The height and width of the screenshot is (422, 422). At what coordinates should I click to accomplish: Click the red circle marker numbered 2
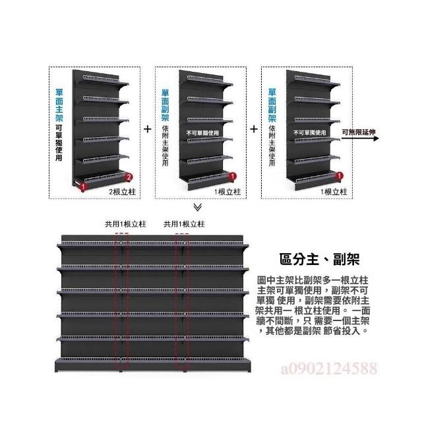coord(130,177)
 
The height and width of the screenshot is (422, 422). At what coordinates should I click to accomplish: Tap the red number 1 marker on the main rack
coord(84,187)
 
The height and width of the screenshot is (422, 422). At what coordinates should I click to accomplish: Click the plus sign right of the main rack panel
coord(147,129)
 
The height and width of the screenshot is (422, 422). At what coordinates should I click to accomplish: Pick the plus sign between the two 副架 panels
coord(254,129)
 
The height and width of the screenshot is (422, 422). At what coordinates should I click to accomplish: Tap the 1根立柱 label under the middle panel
coord(228,192)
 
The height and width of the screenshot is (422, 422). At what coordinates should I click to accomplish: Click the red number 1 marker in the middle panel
coord(233,177)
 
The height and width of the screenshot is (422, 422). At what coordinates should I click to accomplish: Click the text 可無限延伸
coord(359,132)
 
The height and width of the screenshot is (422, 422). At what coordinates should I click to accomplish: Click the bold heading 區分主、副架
coord(315,259)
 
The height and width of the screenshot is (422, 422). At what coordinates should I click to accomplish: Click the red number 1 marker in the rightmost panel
coord(340,177)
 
